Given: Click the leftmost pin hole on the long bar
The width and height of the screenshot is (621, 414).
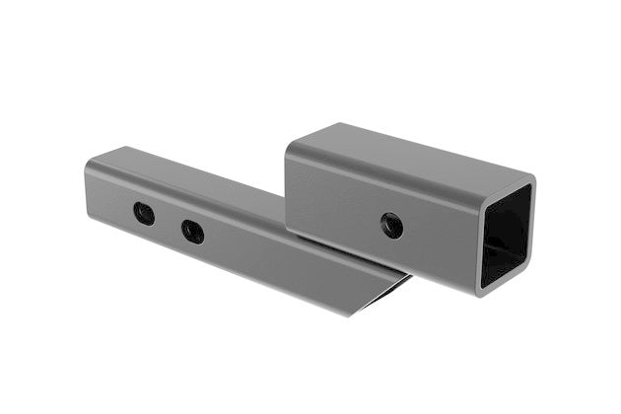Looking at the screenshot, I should pos(144,213).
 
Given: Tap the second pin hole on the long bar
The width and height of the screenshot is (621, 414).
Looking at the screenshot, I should pos(192,232).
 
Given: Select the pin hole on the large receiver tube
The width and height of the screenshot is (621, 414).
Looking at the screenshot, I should pos(391,226).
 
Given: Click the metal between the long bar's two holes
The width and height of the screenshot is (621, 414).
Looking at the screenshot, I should pos(169,223).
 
